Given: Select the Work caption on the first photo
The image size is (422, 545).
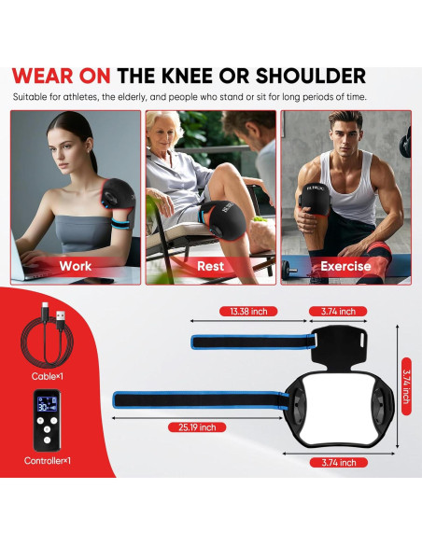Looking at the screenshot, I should (x=76, y=266).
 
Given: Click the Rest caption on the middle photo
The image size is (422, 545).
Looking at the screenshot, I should (x=210, y=266).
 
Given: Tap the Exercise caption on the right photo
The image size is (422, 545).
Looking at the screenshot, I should (x=345, y=266).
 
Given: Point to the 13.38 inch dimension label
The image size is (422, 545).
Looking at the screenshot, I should (x=247, y=311).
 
